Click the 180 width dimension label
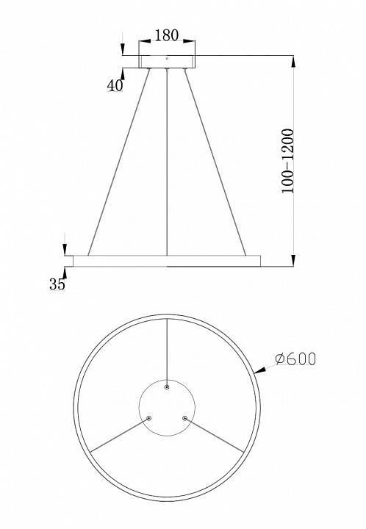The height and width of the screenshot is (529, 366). click(167, 35)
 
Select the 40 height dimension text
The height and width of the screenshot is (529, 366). click(114, 85)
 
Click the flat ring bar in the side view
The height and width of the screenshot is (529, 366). click(167, 261)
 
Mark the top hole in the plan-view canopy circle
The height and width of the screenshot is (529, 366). click(168, 386)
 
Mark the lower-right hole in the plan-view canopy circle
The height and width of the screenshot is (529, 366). click(185, 418)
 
